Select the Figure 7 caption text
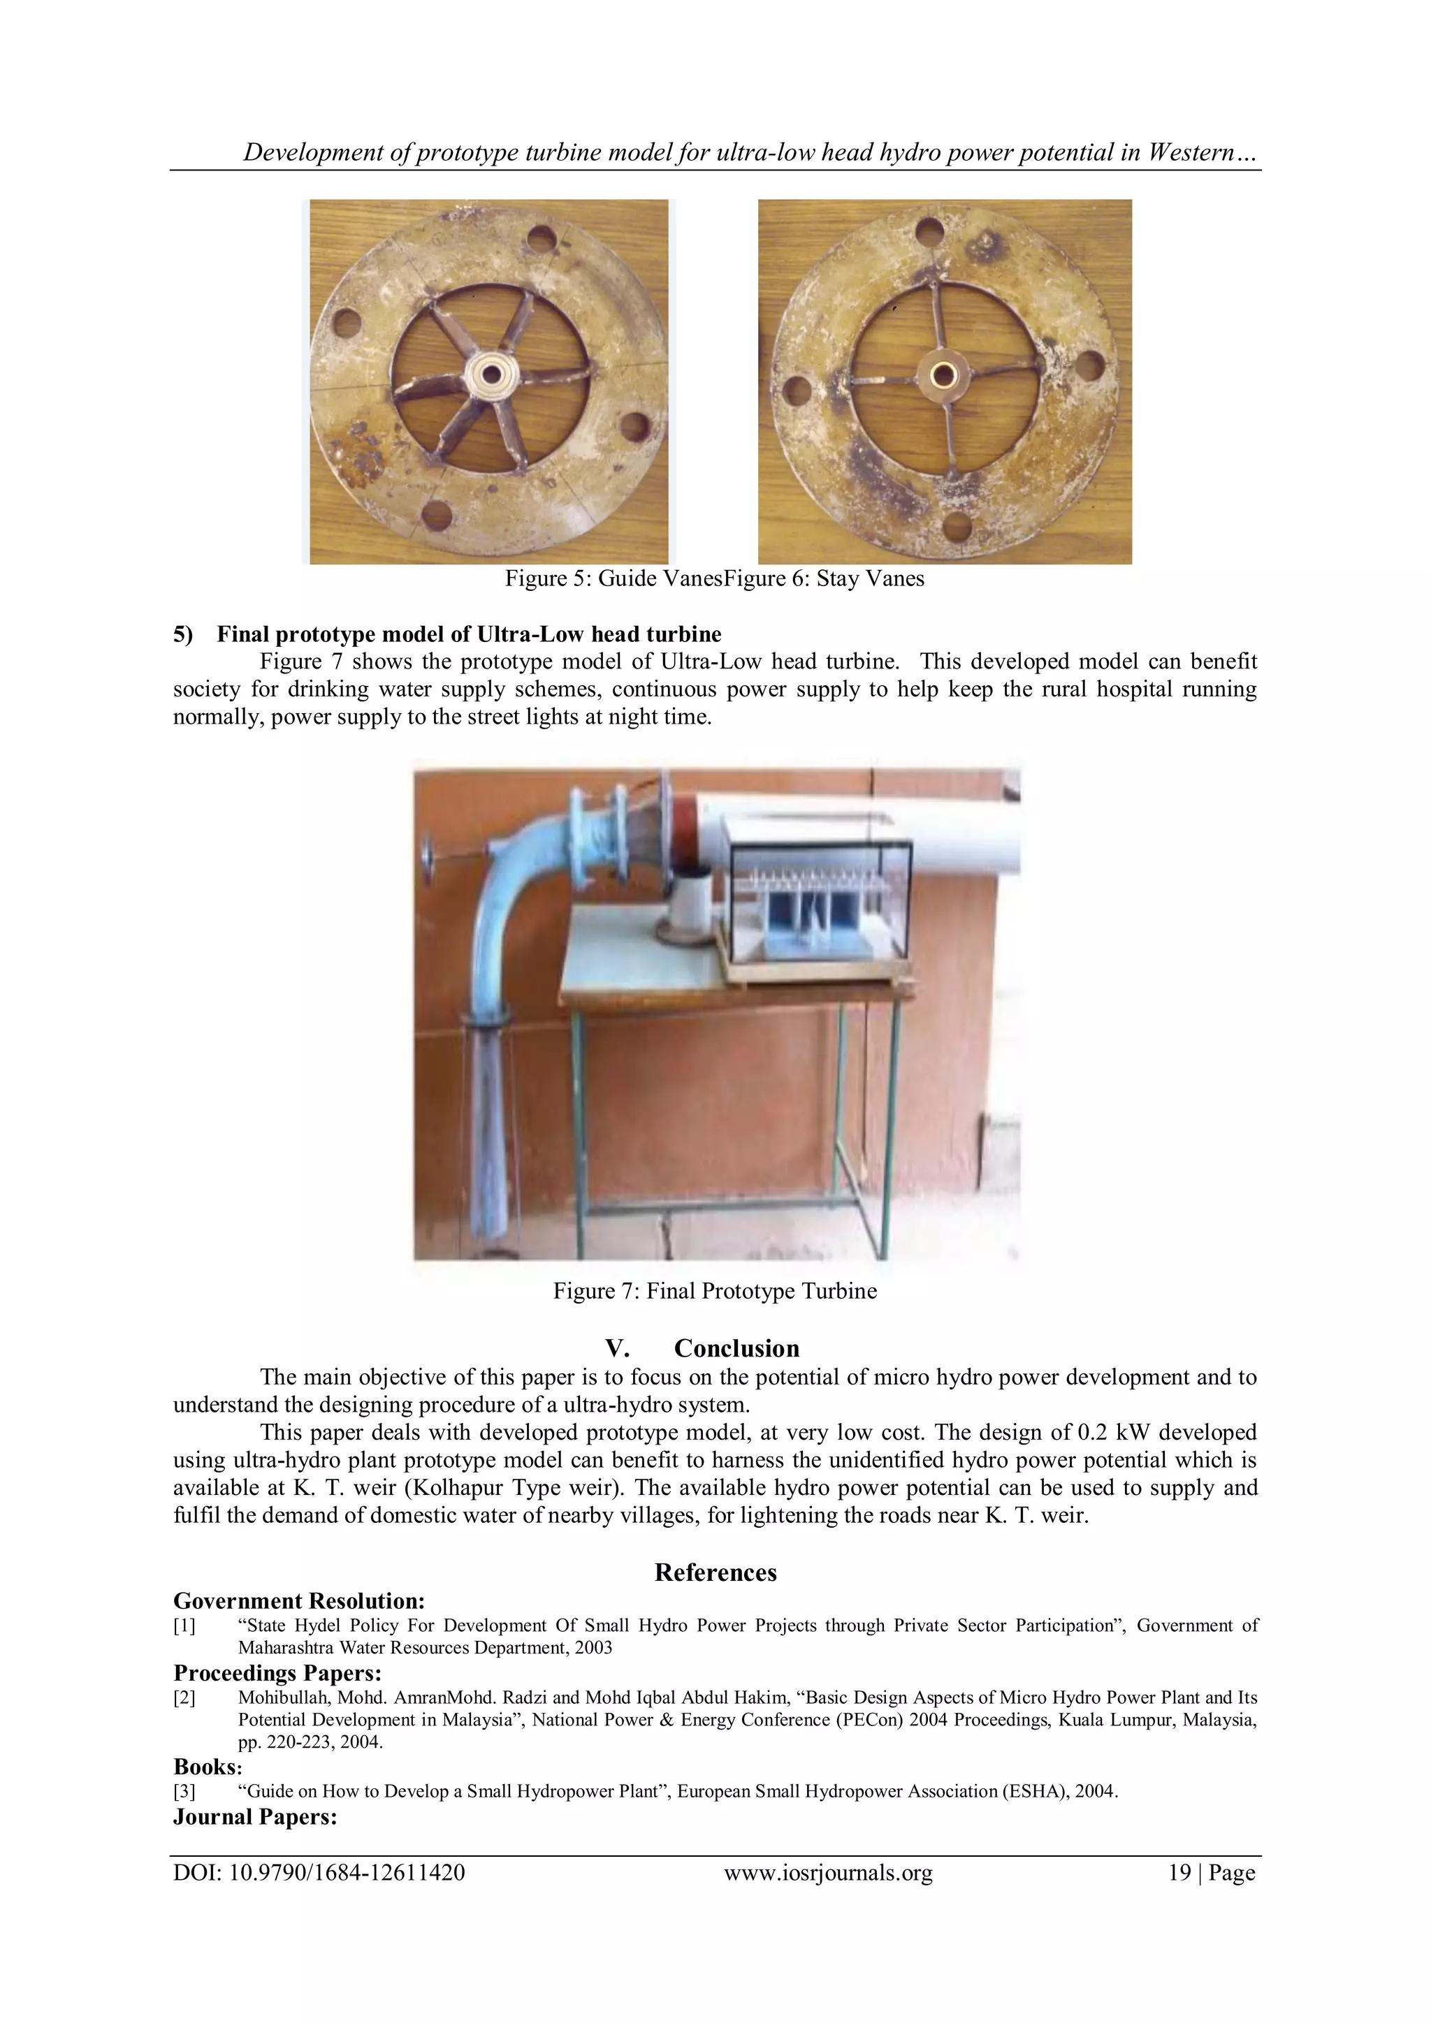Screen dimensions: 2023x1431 coord(715,1291)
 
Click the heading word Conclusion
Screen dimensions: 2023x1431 coord(736,1348)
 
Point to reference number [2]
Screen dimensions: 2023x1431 coord(184,1698)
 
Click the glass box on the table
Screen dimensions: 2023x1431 coord(815,899)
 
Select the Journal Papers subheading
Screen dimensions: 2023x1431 coord(254,1817)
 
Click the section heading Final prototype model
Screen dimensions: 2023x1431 coord(468,634)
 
